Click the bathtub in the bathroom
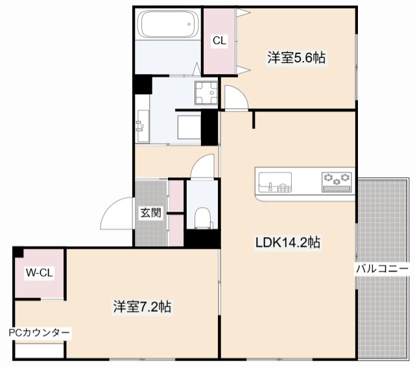pos(167,25)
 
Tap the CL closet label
pos(220,40)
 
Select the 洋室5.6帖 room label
pos(296,58)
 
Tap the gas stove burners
pos(337,179)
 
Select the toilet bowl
pos(202,218)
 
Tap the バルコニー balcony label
pos(381,268)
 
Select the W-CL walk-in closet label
pos(39,273)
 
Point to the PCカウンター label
pos(39,333)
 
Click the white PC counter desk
pos(40,351)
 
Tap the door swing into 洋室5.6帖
pos(237,99)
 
